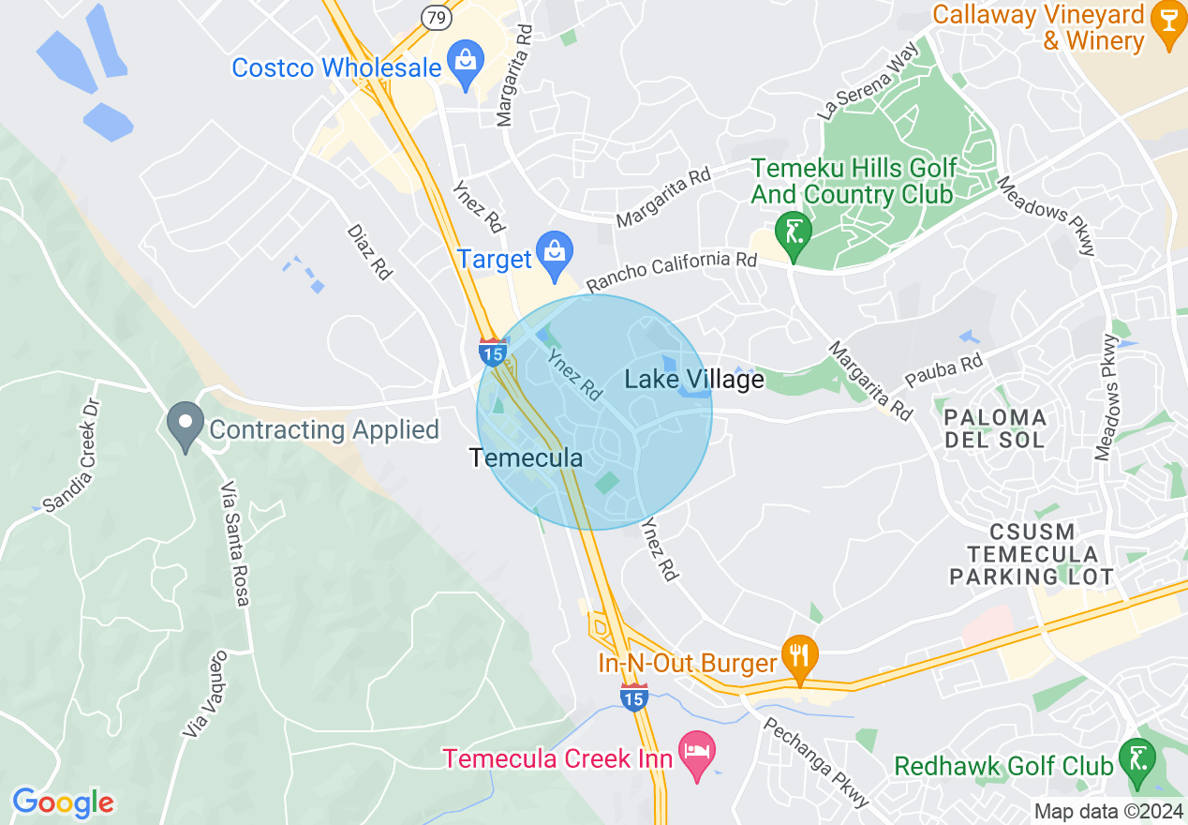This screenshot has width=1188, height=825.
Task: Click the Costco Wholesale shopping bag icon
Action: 465,62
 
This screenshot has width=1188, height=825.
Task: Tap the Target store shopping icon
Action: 555,252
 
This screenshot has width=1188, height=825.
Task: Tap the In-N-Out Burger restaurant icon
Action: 798,653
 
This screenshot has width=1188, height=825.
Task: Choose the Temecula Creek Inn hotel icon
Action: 697,752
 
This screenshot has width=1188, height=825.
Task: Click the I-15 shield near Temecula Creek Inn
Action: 634,697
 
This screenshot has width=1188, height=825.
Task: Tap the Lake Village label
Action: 694,380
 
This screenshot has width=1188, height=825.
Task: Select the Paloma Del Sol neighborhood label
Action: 995,427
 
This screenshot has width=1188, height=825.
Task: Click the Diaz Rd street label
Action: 368,251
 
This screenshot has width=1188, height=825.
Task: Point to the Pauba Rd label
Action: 944,373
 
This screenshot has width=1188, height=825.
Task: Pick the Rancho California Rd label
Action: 671,269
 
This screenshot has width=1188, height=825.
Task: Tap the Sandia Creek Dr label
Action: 71,459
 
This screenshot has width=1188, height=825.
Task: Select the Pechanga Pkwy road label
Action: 816,762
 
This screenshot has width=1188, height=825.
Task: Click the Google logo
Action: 63,802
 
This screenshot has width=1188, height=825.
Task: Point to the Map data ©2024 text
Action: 1106,811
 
